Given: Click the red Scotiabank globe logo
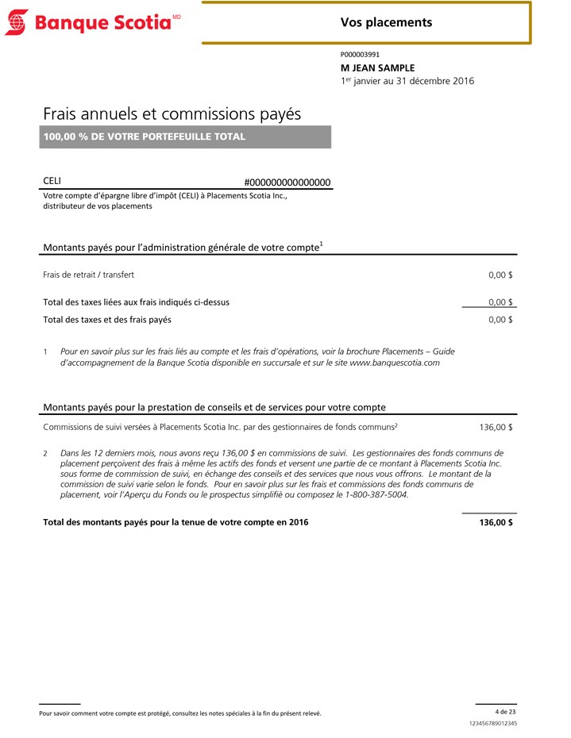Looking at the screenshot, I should pyautogui.click(x=16, y=22).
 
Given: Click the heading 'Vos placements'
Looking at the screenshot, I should pyautogui.click(x=386, y=22).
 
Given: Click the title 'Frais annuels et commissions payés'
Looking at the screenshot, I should pyautogui.click(x=172, y=113).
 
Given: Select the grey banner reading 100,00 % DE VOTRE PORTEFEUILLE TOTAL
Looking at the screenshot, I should pyautogui.click(x=186, y=136).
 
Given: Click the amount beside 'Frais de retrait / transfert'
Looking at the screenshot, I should pyautogui.click(x=500, y=275).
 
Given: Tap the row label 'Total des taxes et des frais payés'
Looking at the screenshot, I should pyautogui.click(x=107, y=320).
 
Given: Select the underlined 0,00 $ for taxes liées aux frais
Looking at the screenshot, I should pyautogui.click(x=500, y=302).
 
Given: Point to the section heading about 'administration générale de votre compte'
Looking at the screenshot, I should pyautogui.click(x=182, y=247).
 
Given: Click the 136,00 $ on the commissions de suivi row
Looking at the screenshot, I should pyautogui.click(x=496, y=427).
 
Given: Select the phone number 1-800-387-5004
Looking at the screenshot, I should pyautogui.click(x=372, y=494).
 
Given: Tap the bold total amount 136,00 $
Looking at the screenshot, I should pyautogui.click(x=496, y=522).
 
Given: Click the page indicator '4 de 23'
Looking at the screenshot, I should pyautogui.click(x=505, y=711).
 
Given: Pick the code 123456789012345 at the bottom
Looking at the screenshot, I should pyautogui.click(x=493, y=724).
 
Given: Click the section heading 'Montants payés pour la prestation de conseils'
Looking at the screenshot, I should pyautogui.click(x=214, y=407).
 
